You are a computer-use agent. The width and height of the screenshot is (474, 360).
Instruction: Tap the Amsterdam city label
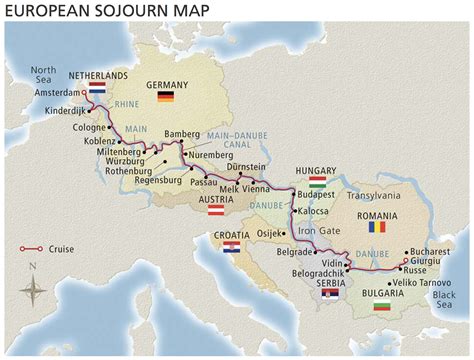54,90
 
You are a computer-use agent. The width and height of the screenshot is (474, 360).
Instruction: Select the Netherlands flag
97,89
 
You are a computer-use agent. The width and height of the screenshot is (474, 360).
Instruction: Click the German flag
165,97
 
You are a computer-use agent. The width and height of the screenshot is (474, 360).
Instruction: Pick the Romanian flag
376,228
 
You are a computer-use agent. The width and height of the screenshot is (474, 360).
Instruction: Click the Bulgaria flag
380,305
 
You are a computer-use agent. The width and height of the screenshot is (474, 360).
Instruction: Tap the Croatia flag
230,247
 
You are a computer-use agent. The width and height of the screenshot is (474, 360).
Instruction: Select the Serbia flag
333,294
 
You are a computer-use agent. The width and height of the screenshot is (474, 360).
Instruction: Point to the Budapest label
318,194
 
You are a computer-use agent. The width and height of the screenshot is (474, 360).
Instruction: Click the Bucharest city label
430,252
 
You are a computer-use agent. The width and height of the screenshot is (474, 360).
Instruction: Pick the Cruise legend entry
50,249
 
